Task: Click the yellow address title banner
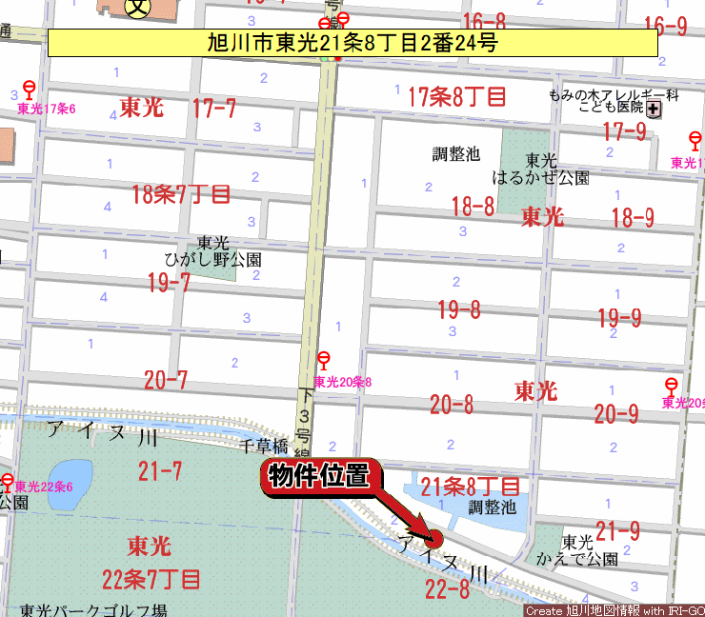point(352,43)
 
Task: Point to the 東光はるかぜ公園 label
point(540,169)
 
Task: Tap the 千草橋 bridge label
point(264,446)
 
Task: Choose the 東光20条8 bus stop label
point(342,382)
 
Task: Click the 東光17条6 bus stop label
point(46,109)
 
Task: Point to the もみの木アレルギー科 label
point(614,95)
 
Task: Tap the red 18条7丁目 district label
point(181,195)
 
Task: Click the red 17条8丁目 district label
point(457,95)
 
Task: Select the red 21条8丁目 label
point(471,487)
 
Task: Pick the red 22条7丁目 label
point(151,578)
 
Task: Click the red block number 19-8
point(459,309)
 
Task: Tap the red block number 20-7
point(166,381)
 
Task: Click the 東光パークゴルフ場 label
point(93,610)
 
